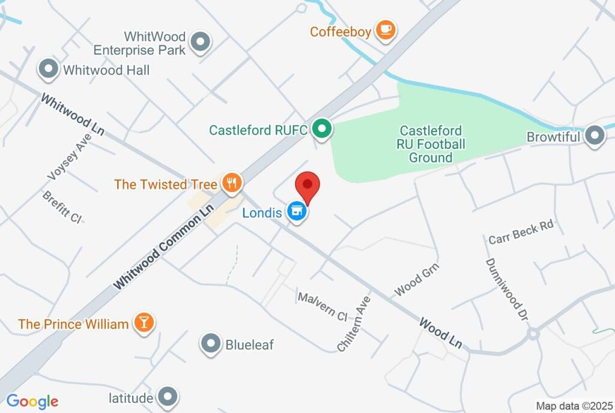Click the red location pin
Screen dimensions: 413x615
click(x=308, y=185)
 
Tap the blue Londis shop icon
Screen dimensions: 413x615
click(x=296, y=211)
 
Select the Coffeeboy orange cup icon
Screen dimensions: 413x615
click(x=385, y=30)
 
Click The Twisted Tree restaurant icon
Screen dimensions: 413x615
click(x=231, y=183)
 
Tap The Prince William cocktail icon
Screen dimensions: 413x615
click(x=144, y=324)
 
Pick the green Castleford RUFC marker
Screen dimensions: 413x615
click(x=323, y=129)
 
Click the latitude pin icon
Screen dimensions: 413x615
click(x=166, y=397)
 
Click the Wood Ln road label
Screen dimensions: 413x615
click(x=441, y=333)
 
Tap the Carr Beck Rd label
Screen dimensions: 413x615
click(x=521, y=232)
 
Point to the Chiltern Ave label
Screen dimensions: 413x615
click(x=354, y=323)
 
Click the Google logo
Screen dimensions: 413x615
click(x=32, y=402)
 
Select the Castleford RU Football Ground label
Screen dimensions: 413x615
click(x=431, y=144)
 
